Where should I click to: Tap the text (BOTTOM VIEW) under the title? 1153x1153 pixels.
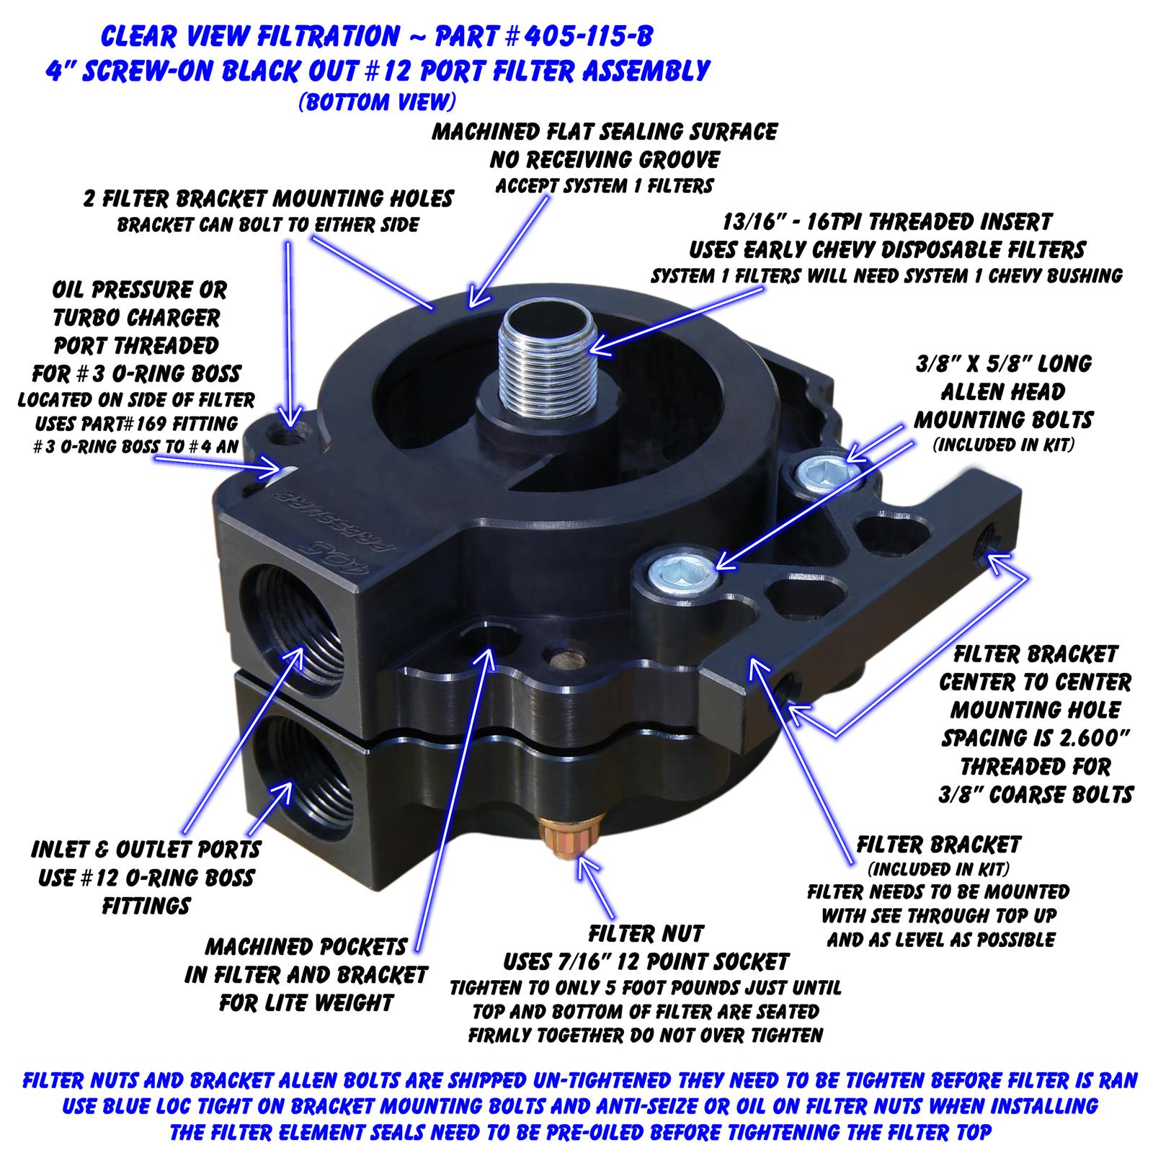point(377,102)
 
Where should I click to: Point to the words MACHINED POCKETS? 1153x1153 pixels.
point(306,946)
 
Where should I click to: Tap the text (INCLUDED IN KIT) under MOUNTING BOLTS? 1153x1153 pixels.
point(1003,445)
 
